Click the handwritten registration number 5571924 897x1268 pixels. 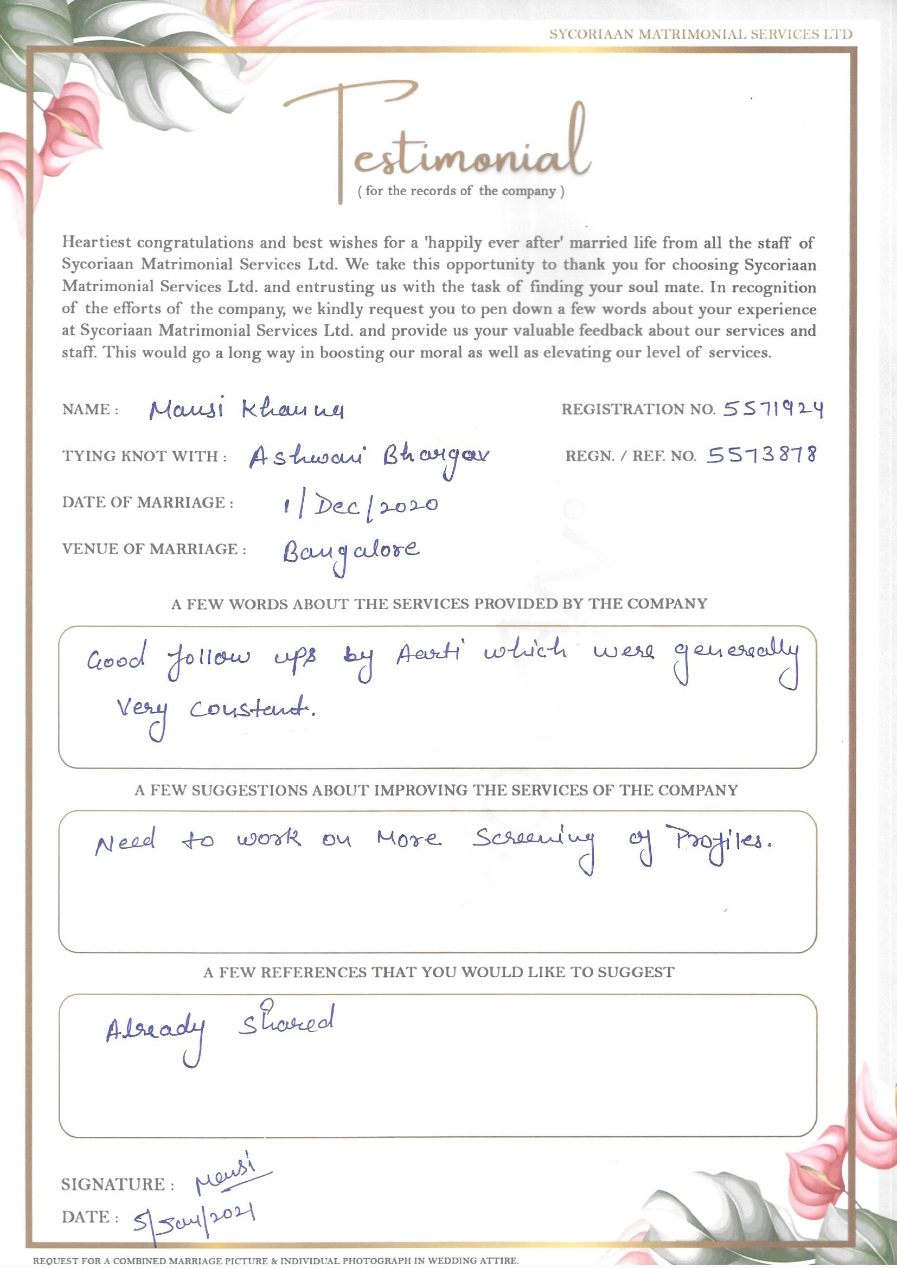tap(772, 409)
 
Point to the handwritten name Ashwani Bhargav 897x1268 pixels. tap(368, 458)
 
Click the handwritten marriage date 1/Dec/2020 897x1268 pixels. tap(360, 505)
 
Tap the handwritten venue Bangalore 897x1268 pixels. tap(350, 552)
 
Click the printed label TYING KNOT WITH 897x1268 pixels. tap(144, 457)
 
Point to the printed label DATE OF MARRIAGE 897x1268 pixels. tap(148, 503)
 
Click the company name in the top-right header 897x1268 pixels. tap(700, 34)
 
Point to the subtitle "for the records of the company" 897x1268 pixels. tap(461, 191)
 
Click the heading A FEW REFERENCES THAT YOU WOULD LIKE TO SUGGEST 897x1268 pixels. tap(439, 972)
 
